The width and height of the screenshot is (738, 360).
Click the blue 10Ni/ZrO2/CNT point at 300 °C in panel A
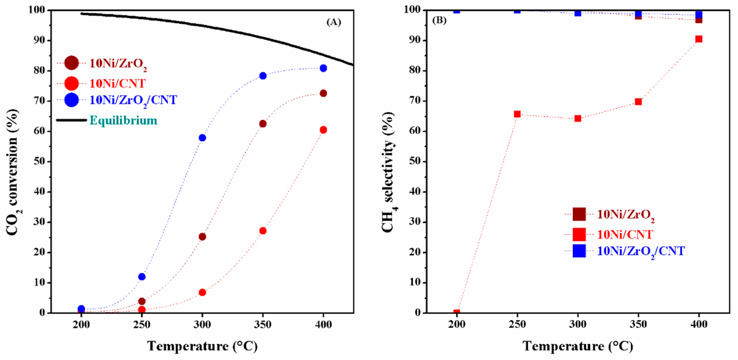click(202, 138)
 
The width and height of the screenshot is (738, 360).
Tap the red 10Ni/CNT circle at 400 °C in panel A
click(323, 130)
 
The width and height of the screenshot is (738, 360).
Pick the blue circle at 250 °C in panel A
click(142, 277)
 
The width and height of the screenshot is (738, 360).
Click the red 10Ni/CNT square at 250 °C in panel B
click(517, 114)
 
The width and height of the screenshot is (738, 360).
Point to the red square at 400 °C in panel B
click(699, 39)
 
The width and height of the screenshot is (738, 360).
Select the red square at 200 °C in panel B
click(457, 312)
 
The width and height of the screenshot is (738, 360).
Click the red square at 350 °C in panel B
click(638, 102)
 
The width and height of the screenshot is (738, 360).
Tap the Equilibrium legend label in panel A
click(123, 120)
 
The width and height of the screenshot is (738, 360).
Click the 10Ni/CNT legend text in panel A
click(118, 84)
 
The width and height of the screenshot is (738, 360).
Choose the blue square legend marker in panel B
click(579, 251)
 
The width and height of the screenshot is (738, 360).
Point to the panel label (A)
click(334, 22)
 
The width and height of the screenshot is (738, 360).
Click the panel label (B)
click(439, 21)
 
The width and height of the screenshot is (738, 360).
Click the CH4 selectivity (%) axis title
click(389, 172)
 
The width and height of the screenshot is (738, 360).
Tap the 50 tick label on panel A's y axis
click(39, 162)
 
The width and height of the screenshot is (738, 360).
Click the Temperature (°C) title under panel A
click(202, 346)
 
